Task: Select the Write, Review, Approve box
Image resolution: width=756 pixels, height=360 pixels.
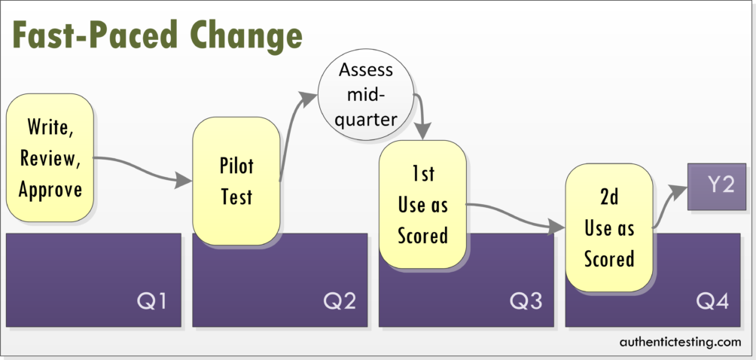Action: point(50,157)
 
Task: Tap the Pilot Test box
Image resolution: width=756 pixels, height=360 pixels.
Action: point(236,182)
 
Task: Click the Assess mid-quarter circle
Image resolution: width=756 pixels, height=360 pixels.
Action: point(366,94)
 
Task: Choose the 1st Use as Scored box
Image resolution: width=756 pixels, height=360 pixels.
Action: point(423,204)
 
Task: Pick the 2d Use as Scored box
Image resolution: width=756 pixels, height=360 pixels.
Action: point(609,228)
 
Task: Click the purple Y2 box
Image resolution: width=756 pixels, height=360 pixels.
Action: point(716,187)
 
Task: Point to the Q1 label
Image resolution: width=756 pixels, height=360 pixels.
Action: point(152,302)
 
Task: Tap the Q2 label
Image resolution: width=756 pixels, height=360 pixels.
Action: point(340,302)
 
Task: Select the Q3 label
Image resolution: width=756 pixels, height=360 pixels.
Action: point(526,302)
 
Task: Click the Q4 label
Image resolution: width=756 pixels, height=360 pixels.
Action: point(712,302)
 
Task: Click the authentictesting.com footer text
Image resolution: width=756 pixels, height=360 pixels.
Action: point(680,342)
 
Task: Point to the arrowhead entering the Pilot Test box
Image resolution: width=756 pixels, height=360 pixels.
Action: point(183,181)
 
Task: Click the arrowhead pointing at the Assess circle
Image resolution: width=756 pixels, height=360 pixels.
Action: point(308,99)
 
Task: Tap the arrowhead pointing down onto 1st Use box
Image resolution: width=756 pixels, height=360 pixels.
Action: point(422,130)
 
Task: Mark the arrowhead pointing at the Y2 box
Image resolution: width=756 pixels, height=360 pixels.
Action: point(678,192)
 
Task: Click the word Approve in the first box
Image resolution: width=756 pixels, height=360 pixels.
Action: point(50,190)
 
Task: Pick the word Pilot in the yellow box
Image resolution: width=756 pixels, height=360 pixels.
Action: point(236,166)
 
